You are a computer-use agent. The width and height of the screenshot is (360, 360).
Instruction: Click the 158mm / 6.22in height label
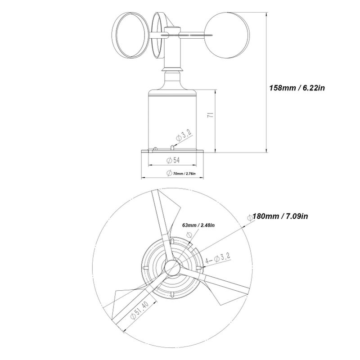point(297,88)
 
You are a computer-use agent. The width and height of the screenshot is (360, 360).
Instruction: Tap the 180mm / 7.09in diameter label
point(280,216)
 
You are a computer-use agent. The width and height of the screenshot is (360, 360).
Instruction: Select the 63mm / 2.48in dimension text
point(198,225)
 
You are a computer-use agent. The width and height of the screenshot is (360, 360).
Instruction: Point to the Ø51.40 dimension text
point(139,310)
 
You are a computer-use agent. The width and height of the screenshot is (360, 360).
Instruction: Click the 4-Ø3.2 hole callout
point(218,258)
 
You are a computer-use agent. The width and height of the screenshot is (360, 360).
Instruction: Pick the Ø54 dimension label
point(173,160)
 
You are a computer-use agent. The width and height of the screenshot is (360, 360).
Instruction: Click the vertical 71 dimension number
point(211,115)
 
